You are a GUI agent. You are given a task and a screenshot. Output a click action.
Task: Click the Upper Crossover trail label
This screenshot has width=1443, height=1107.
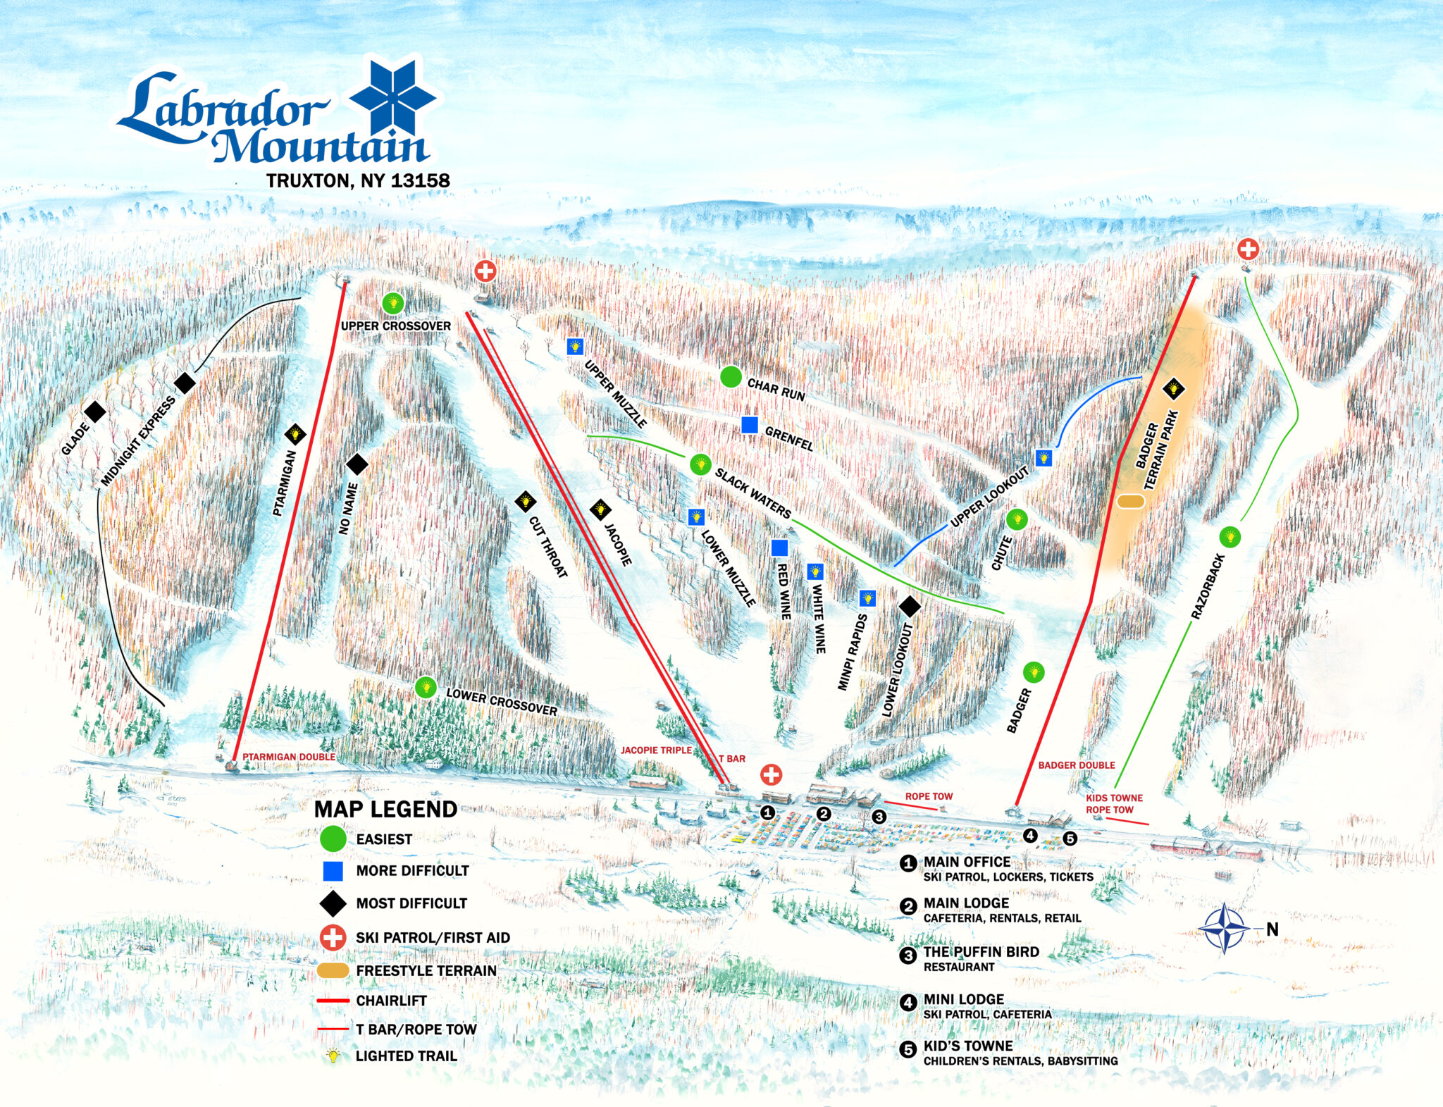[395, 326]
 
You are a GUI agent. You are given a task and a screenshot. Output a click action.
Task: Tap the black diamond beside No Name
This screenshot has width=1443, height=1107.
[357, 464]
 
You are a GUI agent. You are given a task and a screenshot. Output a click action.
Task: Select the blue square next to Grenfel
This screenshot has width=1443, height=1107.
[750, 425]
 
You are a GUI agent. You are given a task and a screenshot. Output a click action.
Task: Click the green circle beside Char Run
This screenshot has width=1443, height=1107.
[731, 377]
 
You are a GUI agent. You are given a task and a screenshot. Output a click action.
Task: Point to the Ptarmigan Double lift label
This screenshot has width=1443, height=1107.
[289, 757]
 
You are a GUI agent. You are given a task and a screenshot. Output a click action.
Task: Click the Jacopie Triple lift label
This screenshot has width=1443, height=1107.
[656, 750]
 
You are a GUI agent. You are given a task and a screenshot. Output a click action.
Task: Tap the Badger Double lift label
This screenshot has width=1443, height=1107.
[1076, 765]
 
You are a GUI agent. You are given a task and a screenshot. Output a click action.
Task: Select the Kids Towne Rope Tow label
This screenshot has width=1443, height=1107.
[1113, 803]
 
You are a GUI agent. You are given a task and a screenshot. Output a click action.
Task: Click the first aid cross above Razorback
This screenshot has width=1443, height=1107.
[1248, 249]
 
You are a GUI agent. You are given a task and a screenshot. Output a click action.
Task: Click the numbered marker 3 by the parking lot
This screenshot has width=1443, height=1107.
[879, 816]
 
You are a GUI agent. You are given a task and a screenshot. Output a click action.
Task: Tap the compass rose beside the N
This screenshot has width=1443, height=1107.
[1225, 929]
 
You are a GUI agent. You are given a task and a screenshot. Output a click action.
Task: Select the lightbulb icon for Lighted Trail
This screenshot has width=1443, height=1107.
[333, 1056]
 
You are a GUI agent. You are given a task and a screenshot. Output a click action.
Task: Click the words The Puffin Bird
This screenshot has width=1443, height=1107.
[981, 951]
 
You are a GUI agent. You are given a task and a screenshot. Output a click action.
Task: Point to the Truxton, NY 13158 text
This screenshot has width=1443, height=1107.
[358, 180]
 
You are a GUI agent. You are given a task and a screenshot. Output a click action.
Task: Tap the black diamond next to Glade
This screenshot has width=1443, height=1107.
[95, 412]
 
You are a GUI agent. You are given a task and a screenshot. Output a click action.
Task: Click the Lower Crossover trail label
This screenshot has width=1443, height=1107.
[501, 701]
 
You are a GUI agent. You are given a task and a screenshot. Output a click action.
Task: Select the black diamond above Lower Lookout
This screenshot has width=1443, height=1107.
[910, 606]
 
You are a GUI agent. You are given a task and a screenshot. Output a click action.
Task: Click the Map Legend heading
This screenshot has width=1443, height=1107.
[385, 809]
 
